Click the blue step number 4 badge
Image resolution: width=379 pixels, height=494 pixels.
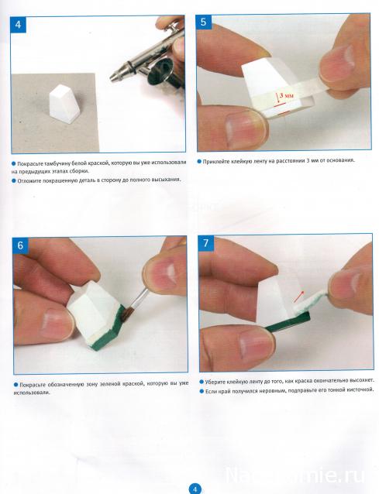pos(19,25)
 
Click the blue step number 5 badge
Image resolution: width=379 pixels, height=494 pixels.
pos(203,22)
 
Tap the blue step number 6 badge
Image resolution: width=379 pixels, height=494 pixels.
pos(20,245)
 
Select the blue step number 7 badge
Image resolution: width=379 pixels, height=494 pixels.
pos(206,243)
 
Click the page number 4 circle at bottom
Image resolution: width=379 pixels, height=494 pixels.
pos(195,489)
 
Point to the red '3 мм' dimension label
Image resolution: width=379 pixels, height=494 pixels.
pos(286,95)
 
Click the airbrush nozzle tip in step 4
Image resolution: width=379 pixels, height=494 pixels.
pos(112,77)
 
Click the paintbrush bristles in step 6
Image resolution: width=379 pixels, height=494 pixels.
pos(126,314)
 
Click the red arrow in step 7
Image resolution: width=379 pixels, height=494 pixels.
pos(299,296)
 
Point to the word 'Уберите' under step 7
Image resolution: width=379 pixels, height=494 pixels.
pos(215,382)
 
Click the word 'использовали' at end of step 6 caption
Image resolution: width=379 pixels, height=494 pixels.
pos(32,393)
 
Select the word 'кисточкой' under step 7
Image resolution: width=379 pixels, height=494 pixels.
pos(360,389)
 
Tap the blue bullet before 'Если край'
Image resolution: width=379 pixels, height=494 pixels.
pos(202,391)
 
